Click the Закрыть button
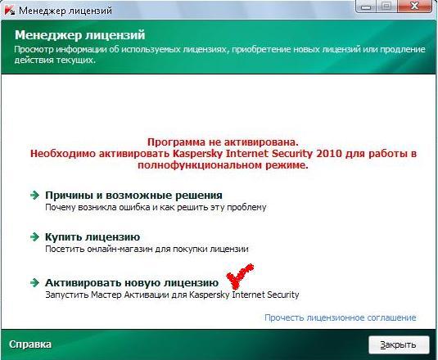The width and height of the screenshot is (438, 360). point(399,344)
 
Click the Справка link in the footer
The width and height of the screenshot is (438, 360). point(30,344)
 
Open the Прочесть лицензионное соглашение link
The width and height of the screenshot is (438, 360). point(341,317)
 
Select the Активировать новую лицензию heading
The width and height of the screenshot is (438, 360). point(132,283)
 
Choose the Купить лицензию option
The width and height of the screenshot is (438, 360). point(93,237)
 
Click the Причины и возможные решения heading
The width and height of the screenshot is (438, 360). point(133,196)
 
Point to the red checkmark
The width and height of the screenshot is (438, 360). point(239,276)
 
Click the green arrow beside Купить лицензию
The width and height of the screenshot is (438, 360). point(34,237)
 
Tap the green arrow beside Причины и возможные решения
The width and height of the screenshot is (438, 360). point(34,195)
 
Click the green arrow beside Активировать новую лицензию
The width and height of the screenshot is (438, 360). point(34,283)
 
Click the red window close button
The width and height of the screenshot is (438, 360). point(415,6)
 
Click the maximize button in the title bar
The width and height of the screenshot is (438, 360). point(386,6)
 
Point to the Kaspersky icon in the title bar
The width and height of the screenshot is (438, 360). point(9,10)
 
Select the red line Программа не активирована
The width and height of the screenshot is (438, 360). point(223,142)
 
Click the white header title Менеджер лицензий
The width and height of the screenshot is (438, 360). point(80,35)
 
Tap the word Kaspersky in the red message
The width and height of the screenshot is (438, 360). point(198,154)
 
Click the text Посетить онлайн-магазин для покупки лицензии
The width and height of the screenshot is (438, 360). point(147,249)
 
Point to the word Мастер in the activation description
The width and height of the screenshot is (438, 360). point(106,295)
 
